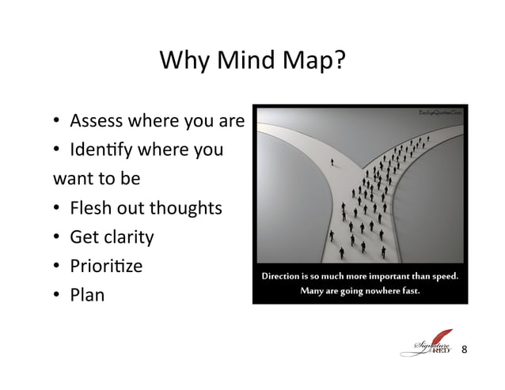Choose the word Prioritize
[106, 267]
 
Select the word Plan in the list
[87, 296]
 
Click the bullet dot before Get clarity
[58, 237]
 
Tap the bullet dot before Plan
[58, 296]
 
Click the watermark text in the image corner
[439, 114]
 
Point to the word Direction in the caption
[284, 277]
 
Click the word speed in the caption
[445, 277]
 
